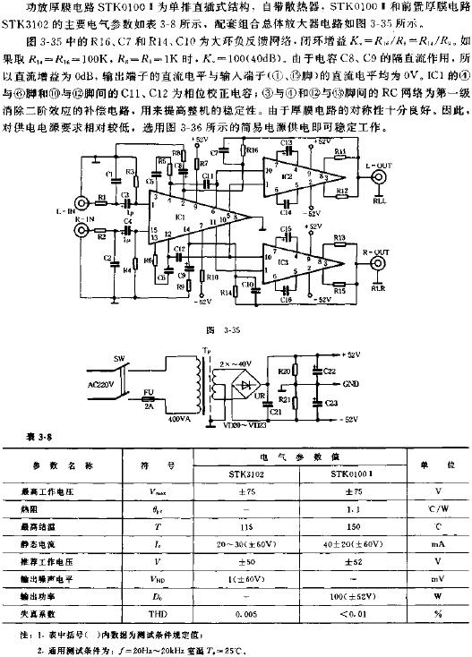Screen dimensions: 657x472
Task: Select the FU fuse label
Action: [x=150, y=390]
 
